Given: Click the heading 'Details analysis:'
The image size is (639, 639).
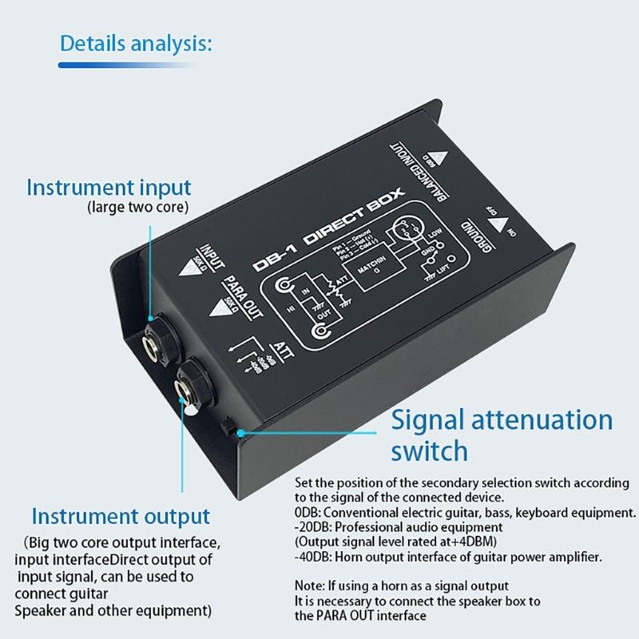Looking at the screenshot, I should (136, 43).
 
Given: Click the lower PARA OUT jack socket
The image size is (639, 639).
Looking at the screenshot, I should (192, 379).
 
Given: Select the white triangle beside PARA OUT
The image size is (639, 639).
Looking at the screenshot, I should (220, 310).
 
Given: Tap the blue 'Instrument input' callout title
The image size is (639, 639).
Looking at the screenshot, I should (109, 189).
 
